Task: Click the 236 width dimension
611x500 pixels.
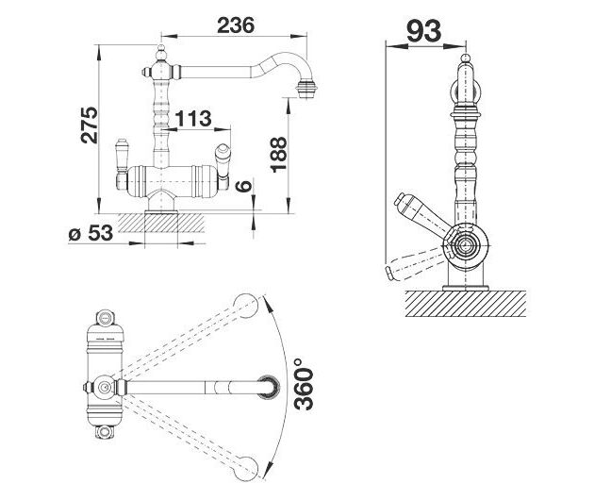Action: coord(236,25)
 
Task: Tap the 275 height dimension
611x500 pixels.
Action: coord(90,125)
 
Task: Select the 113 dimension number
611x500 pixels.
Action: coord(193,118)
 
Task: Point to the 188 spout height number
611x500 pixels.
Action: coord(279,155)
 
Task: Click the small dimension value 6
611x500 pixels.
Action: coord(244,186)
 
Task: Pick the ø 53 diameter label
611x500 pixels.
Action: coord(91,233)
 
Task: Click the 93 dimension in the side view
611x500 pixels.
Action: coord(424,31)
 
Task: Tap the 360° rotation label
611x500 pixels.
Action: coord(304,385)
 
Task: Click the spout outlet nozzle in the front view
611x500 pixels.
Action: coord(306,90)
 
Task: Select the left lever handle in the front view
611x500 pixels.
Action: coord(122,164)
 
